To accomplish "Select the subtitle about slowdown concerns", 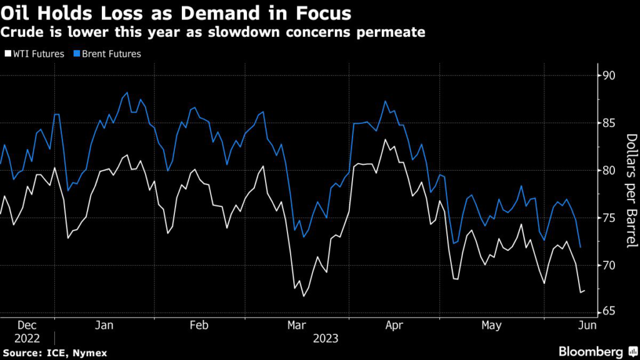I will pos(213,32).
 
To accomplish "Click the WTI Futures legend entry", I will pos(37,54).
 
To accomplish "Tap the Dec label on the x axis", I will pos(27,325).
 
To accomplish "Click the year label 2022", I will pos(27,339).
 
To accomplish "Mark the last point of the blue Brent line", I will pos(581,247).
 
